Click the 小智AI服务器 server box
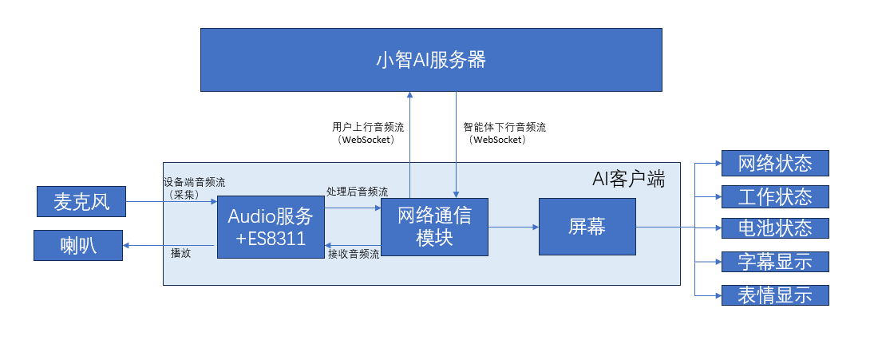(x=431, y=60)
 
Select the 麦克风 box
(x=81, y=202)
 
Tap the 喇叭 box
(x=78, y=245)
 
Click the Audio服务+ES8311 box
(x=271, y=227)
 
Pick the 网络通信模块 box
(x=434, y=227)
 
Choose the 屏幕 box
(x=587, y=227)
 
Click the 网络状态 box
(x=775, y=164)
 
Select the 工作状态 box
(x=775, y=196)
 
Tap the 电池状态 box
(x=775, y=228)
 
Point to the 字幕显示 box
(x=775, y=262)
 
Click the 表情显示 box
(x=775, y=295)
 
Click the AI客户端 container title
(x=628, y=180)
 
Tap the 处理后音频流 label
(x=358, y=192)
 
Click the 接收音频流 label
(x=354, y=254)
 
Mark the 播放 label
(x=181, y=253)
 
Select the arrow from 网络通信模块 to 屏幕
(x=513, y=227)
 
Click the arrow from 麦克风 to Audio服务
(x=172, y=201)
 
